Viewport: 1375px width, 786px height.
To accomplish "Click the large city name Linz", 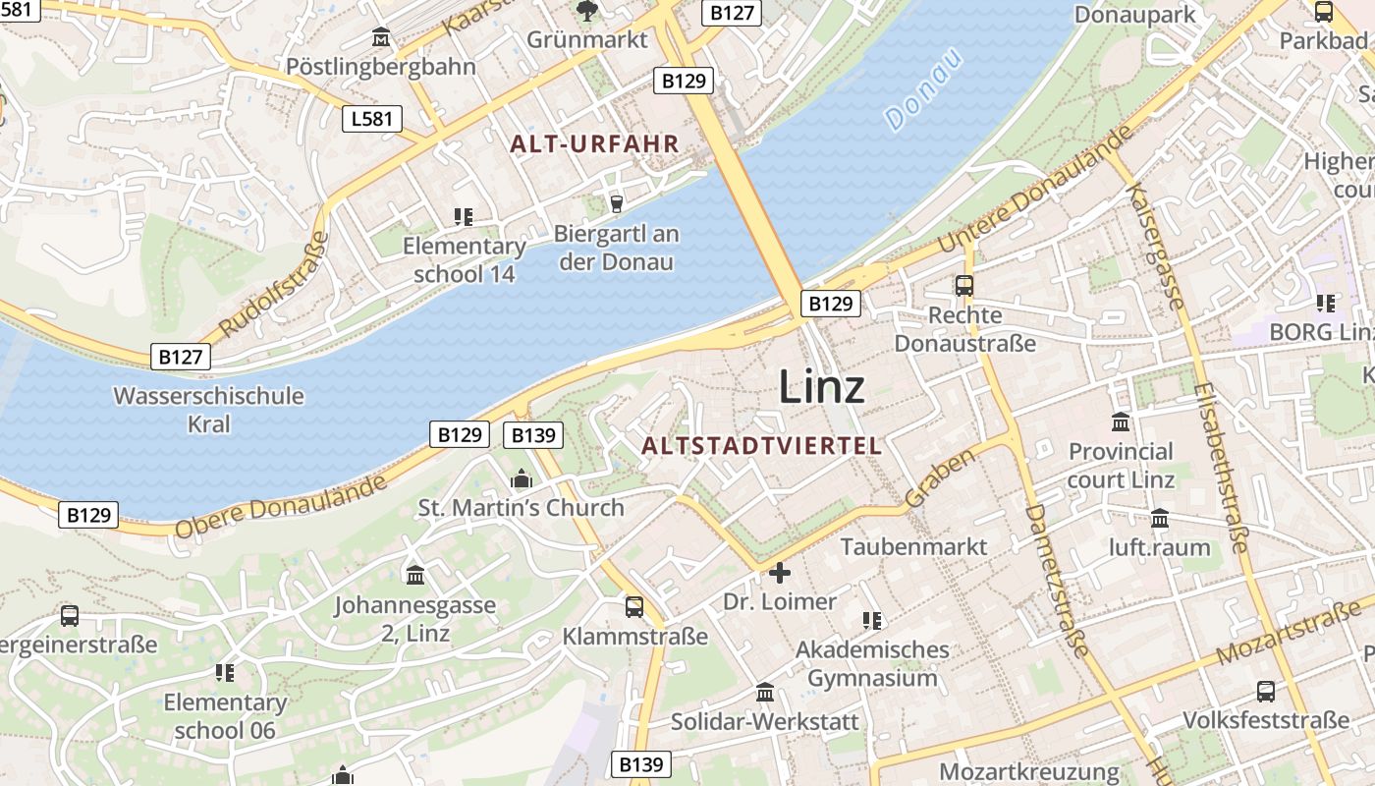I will click(x=822, y=386).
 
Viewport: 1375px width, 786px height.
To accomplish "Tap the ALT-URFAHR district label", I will click(x=595, y=143).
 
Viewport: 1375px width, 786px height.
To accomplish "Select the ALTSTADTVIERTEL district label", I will click(x=762, y=446).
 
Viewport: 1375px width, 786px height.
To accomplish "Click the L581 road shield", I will click(x=372, y=120).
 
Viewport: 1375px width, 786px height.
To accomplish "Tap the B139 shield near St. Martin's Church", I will click(x=531, y=435).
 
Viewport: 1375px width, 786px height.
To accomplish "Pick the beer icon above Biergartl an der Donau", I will click(x=616, y=203).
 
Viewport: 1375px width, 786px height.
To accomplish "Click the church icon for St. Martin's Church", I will click(x=521, y=478).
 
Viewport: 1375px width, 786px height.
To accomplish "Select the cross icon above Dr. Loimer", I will click(x=780, y=572).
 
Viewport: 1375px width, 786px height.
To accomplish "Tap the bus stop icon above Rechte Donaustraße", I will click(x=964, y=286).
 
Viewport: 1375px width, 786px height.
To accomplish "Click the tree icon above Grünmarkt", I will click(x=587, y=11).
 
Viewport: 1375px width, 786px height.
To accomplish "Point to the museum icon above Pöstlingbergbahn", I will click(x=381, y=38).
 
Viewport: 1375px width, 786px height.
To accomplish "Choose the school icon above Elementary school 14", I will click(x=464, y=217).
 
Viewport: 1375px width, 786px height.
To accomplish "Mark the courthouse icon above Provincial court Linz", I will click(x=1121, y=422).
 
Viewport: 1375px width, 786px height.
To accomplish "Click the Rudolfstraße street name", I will click(x=272, y=284).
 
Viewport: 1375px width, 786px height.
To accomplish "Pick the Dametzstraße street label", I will click(x=1057, y=581).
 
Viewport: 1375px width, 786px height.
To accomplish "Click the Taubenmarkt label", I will click(x=913, y=546).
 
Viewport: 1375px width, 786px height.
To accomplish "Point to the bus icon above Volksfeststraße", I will click(x=1266, y=691).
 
